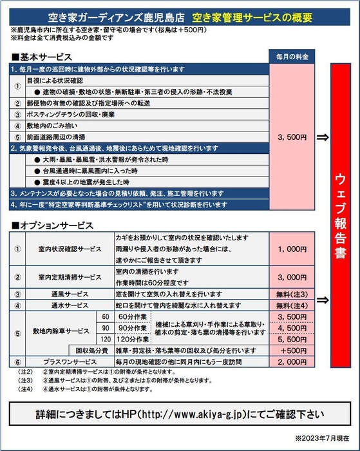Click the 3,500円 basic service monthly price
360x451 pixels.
[x=293, y=137]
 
